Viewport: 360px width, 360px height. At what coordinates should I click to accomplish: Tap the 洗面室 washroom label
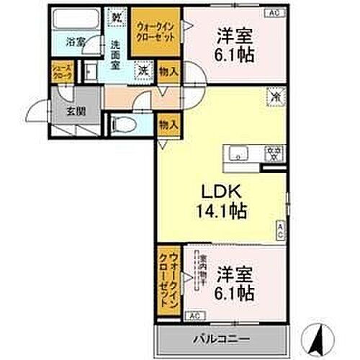[115, 55]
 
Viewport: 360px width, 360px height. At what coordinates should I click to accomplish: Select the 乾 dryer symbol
[117, 15]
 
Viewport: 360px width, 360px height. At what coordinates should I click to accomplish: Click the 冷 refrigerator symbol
[274, 94]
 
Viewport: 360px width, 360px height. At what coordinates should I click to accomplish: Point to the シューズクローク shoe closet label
[60, 72]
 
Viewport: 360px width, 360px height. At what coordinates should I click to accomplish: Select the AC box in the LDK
[280, 230]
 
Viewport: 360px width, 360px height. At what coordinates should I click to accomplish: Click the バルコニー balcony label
[221, 337]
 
